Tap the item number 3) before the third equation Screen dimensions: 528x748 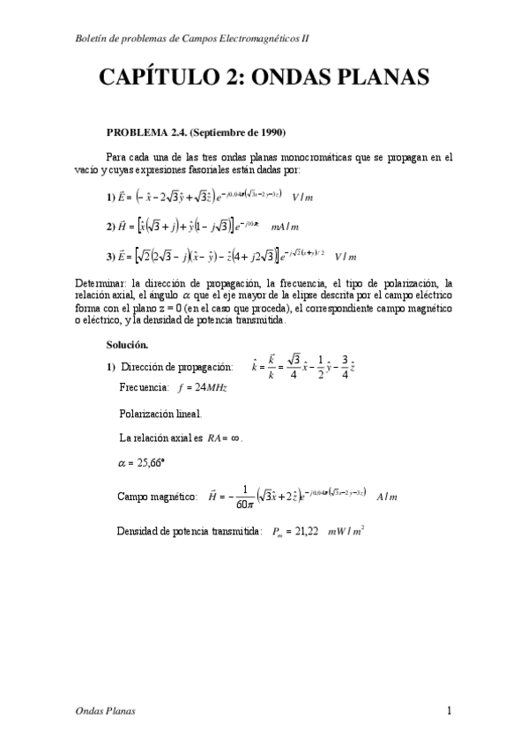coord(111,257)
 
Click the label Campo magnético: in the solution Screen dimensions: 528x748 coord(157,497)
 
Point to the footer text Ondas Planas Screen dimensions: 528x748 coord(101,710)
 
